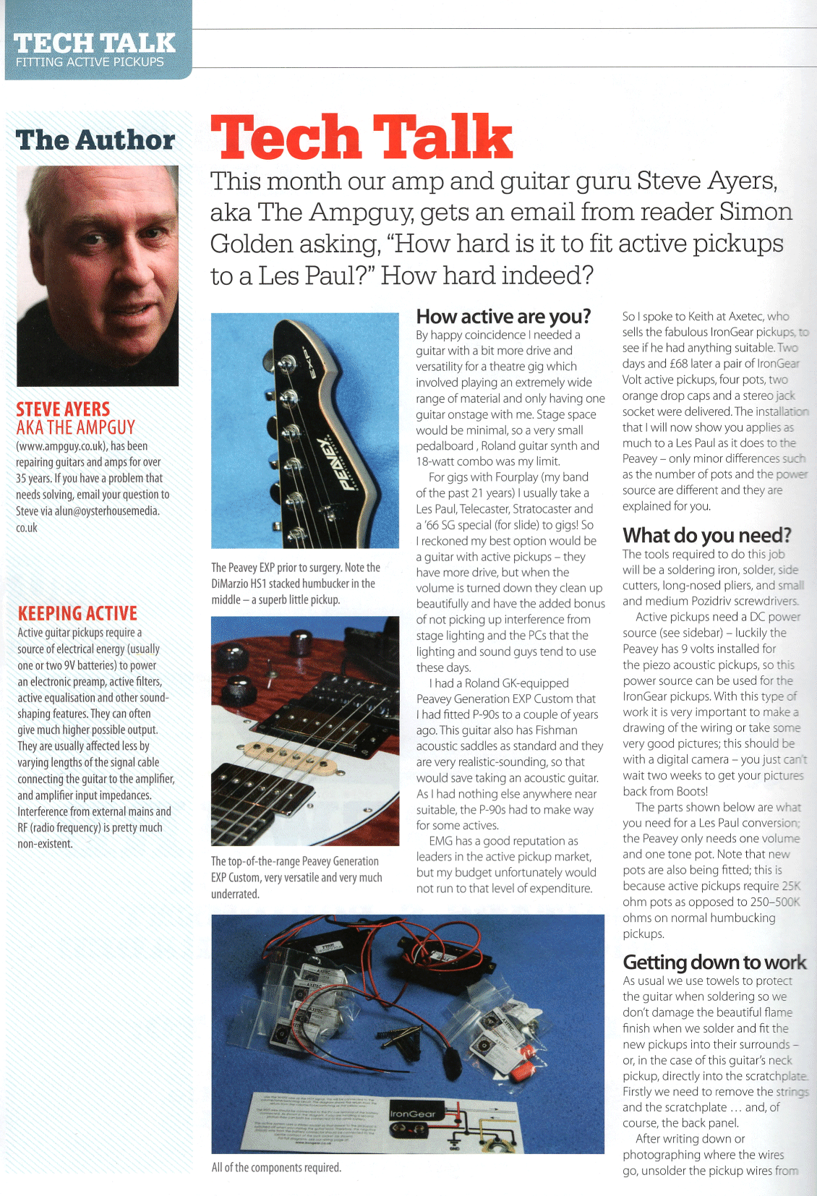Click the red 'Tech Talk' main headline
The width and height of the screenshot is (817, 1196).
point(362,137)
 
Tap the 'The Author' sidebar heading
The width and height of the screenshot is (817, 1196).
point(95,140)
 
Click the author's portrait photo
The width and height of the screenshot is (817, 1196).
point(98,275)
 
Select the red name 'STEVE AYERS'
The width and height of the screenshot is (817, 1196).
point(63,409)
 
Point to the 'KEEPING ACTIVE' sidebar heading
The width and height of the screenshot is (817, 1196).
point(77,614)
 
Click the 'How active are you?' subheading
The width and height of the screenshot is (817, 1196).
point(503,317)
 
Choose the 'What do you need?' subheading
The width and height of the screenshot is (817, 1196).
point(706,536)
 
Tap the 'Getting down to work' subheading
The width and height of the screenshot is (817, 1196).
point(714,962)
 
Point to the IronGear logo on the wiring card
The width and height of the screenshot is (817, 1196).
point(413,1114)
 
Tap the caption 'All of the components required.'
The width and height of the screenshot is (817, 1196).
point(276,1168)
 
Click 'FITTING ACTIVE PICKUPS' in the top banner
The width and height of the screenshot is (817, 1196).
point(90,62)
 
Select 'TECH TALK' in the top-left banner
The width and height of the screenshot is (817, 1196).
point(95,43)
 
